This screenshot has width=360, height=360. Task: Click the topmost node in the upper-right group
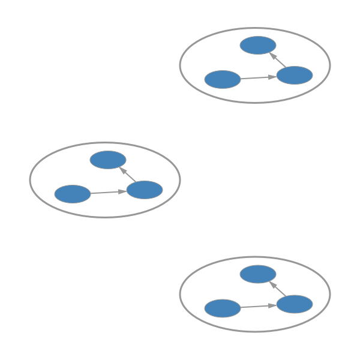tap(258, 45)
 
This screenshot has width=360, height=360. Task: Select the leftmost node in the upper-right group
tap(222, 79)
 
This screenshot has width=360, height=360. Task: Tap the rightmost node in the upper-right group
tap(295, 75)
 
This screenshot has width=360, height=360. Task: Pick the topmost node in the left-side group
tap(108, 160)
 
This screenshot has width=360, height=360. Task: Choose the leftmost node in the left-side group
tap(72, 194)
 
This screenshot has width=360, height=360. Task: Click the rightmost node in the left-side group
tap(145, 190)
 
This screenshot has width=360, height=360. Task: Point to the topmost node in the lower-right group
tap(258, 274)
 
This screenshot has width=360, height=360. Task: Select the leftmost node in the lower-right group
tap(222, 308)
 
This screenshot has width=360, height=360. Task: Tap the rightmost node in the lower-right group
tap(295, 304)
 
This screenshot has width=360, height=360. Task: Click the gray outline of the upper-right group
tap(255, 28)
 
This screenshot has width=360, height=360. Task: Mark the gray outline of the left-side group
tap(105, 143)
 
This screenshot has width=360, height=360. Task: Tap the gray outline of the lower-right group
tap(255, 257)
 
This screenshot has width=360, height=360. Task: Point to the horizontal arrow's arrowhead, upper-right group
tap(273, 77)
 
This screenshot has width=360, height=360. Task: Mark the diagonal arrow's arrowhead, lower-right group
tap(272, 285)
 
